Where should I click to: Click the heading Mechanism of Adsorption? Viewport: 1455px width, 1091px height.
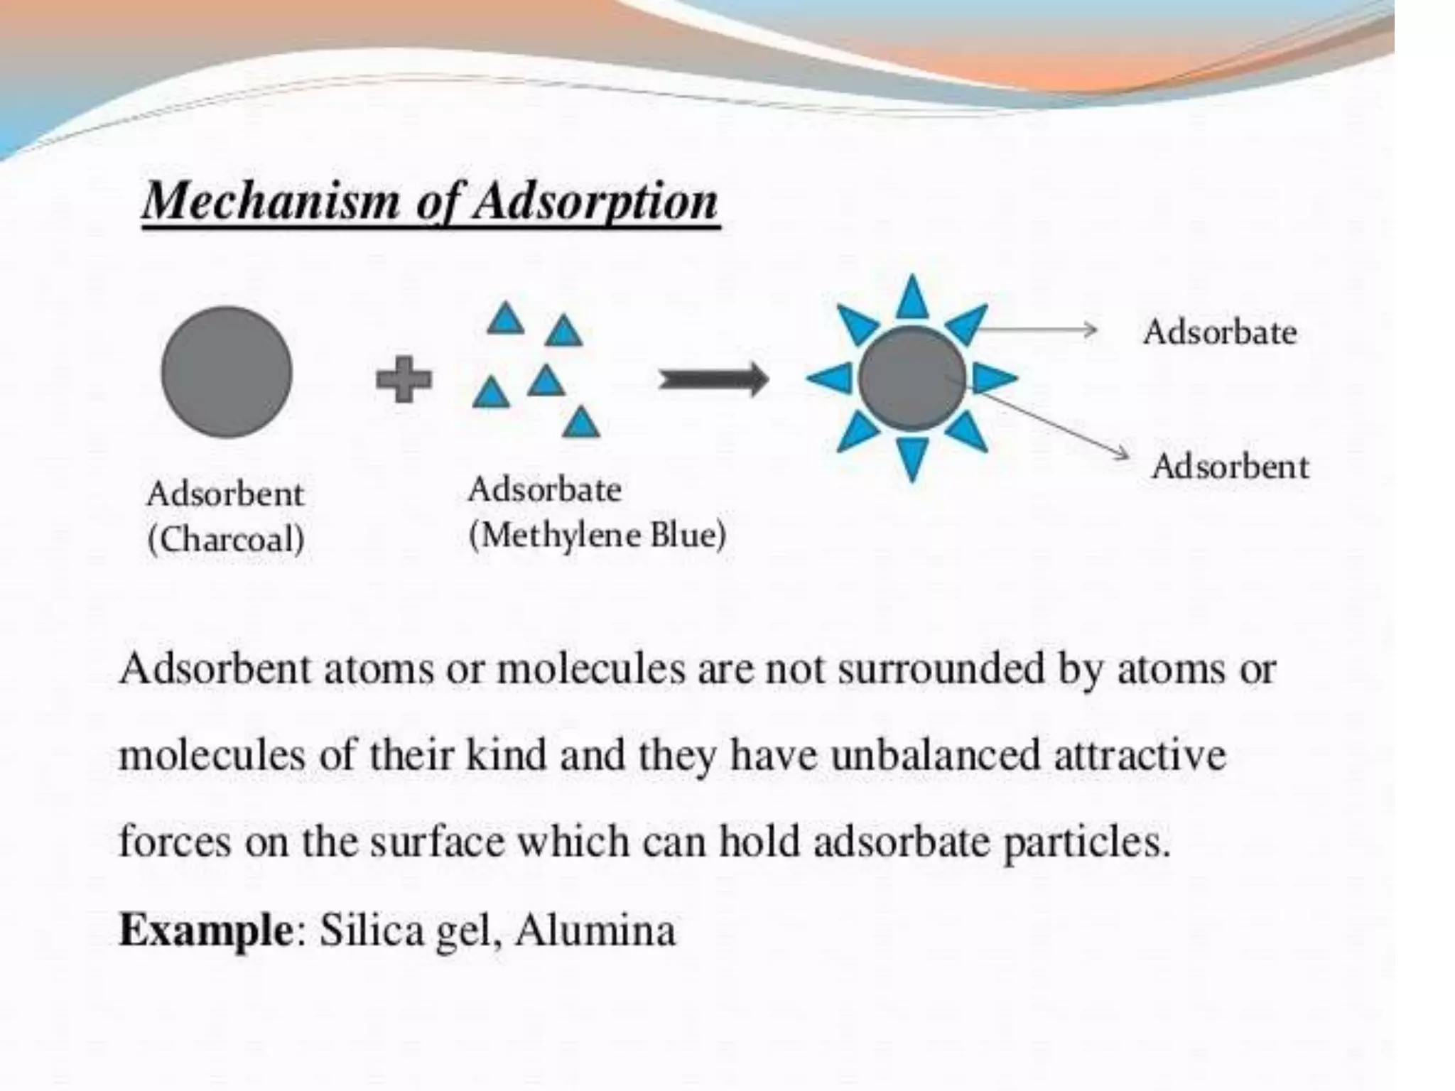431,202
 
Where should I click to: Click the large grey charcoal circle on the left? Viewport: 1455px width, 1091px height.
227,372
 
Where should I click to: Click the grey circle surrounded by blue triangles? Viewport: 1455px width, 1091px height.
912,379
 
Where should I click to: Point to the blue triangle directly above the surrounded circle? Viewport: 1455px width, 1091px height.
912,299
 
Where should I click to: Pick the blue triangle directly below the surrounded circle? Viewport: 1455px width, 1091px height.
912,457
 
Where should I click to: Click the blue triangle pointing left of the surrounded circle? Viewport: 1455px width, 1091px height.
831,378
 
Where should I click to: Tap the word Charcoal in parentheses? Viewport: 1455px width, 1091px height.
227,539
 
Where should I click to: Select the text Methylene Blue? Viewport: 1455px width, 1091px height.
597,536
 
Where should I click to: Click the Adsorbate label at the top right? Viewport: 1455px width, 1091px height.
1220,332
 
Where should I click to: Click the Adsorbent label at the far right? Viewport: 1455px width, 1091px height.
1230,467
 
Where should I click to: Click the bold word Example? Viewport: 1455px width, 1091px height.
205,930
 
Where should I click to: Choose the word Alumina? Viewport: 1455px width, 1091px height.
595,930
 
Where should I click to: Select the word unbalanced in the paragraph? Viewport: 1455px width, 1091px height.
935,755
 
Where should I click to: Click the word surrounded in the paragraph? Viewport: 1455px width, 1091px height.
941,669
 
